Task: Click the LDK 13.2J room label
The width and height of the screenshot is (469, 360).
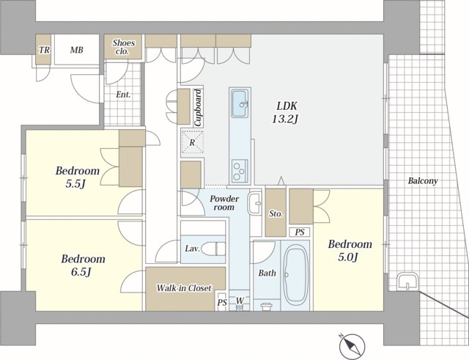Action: point(285,112)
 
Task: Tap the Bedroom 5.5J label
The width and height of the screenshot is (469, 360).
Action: point(78,177)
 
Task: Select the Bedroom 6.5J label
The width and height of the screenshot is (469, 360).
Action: point(83,265)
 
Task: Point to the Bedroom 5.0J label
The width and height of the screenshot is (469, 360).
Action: point(350,250)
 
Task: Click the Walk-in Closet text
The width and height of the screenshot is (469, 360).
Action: point(184,288)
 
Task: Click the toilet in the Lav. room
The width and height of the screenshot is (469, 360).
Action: point(213,249)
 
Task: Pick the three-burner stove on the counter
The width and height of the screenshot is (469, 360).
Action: point(240,172)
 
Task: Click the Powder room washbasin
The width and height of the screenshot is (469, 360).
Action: point(254,204)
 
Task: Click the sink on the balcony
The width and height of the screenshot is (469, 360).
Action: point(407,282)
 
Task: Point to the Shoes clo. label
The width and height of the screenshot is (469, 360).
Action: point(123,47)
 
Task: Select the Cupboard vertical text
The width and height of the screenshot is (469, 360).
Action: point(198,108)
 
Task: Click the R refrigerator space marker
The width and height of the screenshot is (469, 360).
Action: point(192,143)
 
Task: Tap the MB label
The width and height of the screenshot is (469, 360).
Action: point(76,50)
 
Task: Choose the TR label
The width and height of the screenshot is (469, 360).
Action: point(44,50)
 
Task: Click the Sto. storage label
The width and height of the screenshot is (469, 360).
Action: point(276,213)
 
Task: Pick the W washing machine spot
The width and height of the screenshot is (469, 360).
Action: point(240,300)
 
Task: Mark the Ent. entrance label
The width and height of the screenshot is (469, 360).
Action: point(123,95)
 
